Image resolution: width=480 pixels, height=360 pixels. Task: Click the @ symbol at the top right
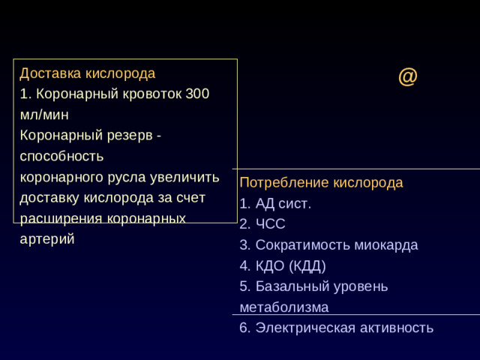coord(407,76)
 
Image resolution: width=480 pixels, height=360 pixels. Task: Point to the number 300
coord(198,94)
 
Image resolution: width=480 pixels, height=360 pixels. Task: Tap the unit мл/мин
coord(44,115)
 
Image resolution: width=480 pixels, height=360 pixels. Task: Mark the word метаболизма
coord(284,307)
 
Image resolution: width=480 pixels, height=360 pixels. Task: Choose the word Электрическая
coord(304,328)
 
